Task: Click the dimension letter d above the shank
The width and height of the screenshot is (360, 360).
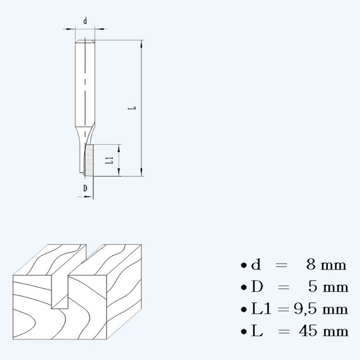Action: tap(85, 22)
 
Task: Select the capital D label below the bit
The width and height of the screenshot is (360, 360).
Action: tap(85, 188)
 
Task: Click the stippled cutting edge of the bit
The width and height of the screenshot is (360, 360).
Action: tap(90, 160)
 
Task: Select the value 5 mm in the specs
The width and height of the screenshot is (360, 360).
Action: tap(328, 287)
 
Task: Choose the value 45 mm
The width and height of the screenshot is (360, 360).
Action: tap(323, 331)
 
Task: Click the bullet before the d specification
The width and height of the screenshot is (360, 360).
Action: tap(243, 266)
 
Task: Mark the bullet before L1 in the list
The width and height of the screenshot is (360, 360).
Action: tap(243, 310)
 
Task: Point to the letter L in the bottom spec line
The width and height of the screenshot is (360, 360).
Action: tap(256, 331)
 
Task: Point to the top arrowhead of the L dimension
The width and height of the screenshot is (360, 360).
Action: tap(142, 43)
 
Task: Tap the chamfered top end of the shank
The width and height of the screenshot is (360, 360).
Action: tap(85, 41)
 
